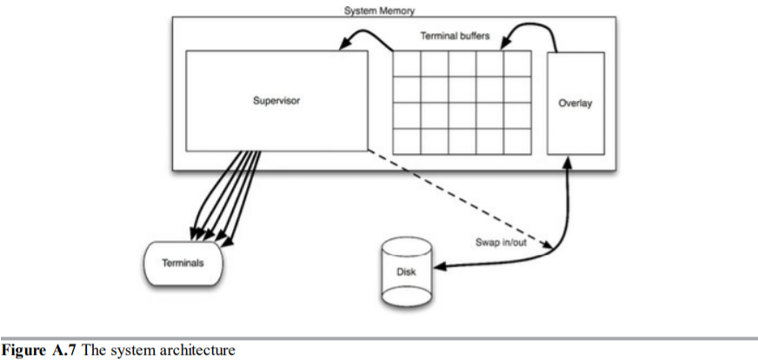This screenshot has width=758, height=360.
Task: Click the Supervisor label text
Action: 276,100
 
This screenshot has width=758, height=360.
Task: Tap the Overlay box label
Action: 575,103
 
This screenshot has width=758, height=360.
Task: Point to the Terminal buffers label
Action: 455,37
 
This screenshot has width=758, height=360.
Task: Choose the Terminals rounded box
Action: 183,262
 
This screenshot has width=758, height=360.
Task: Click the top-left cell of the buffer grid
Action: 407,63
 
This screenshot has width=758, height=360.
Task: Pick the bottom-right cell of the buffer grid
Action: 516,141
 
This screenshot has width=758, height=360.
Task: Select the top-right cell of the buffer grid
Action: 516,63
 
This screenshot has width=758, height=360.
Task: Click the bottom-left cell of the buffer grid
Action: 407,141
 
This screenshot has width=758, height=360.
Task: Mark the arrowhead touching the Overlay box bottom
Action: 568,161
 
